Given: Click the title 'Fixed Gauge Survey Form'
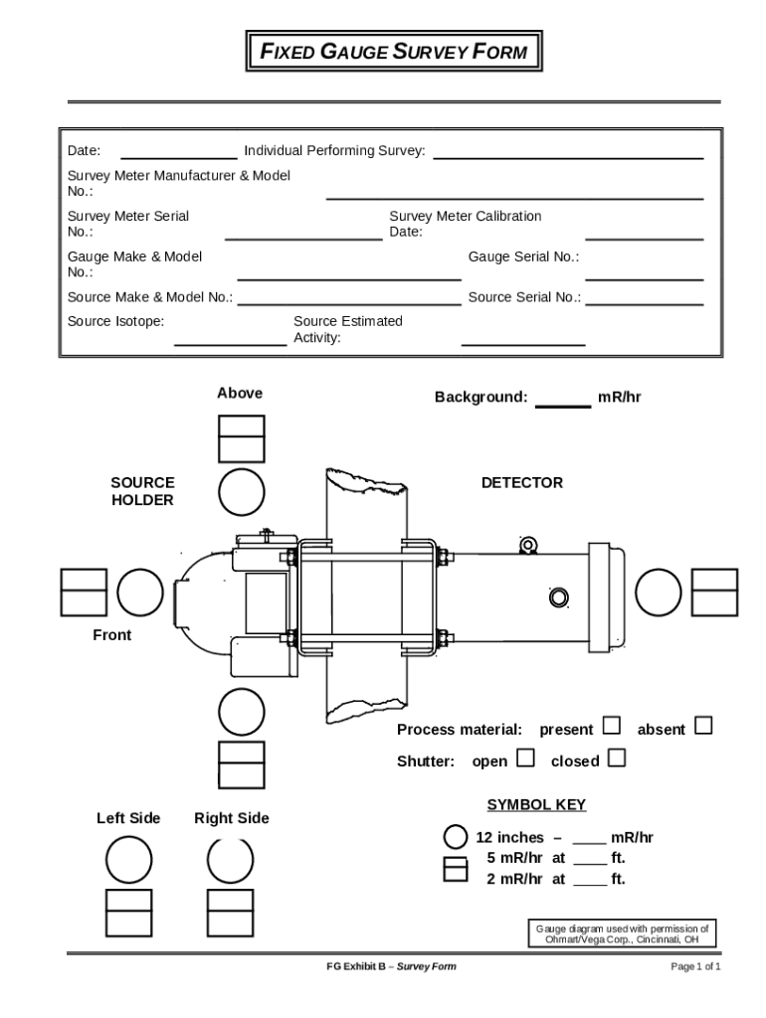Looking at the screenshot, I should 394,52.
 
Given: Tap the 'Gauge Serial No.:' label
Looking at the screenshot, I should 523,256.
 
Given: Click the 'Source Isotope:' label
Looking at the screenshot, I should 115,321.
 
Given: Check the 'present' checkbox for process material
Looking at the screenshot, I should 612,727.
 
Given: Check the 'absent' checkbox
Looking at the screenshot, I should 703,726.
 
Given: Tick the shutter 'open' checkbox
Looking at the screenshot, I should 525,759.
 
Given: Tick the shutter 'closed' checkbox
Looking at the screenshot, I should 617,759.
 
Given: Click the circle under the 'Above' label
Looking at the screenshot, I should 242,492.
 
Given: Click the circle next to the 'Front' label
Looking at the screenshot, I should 140,593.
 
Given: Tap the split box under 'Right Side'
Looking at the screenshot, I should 231,913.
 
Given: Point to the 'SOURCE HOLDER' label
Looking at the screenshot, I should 142,491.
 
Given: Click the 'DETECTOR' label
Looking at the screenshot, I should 521,482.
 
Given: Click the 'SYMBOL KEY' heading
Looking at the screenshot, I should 536,804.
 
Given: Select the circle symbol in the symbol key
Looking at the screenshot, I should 455,837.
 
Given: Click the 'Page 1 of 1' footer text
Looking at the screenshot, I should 695,966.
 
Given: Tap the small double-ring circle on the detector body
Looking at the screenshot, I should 558,596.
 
